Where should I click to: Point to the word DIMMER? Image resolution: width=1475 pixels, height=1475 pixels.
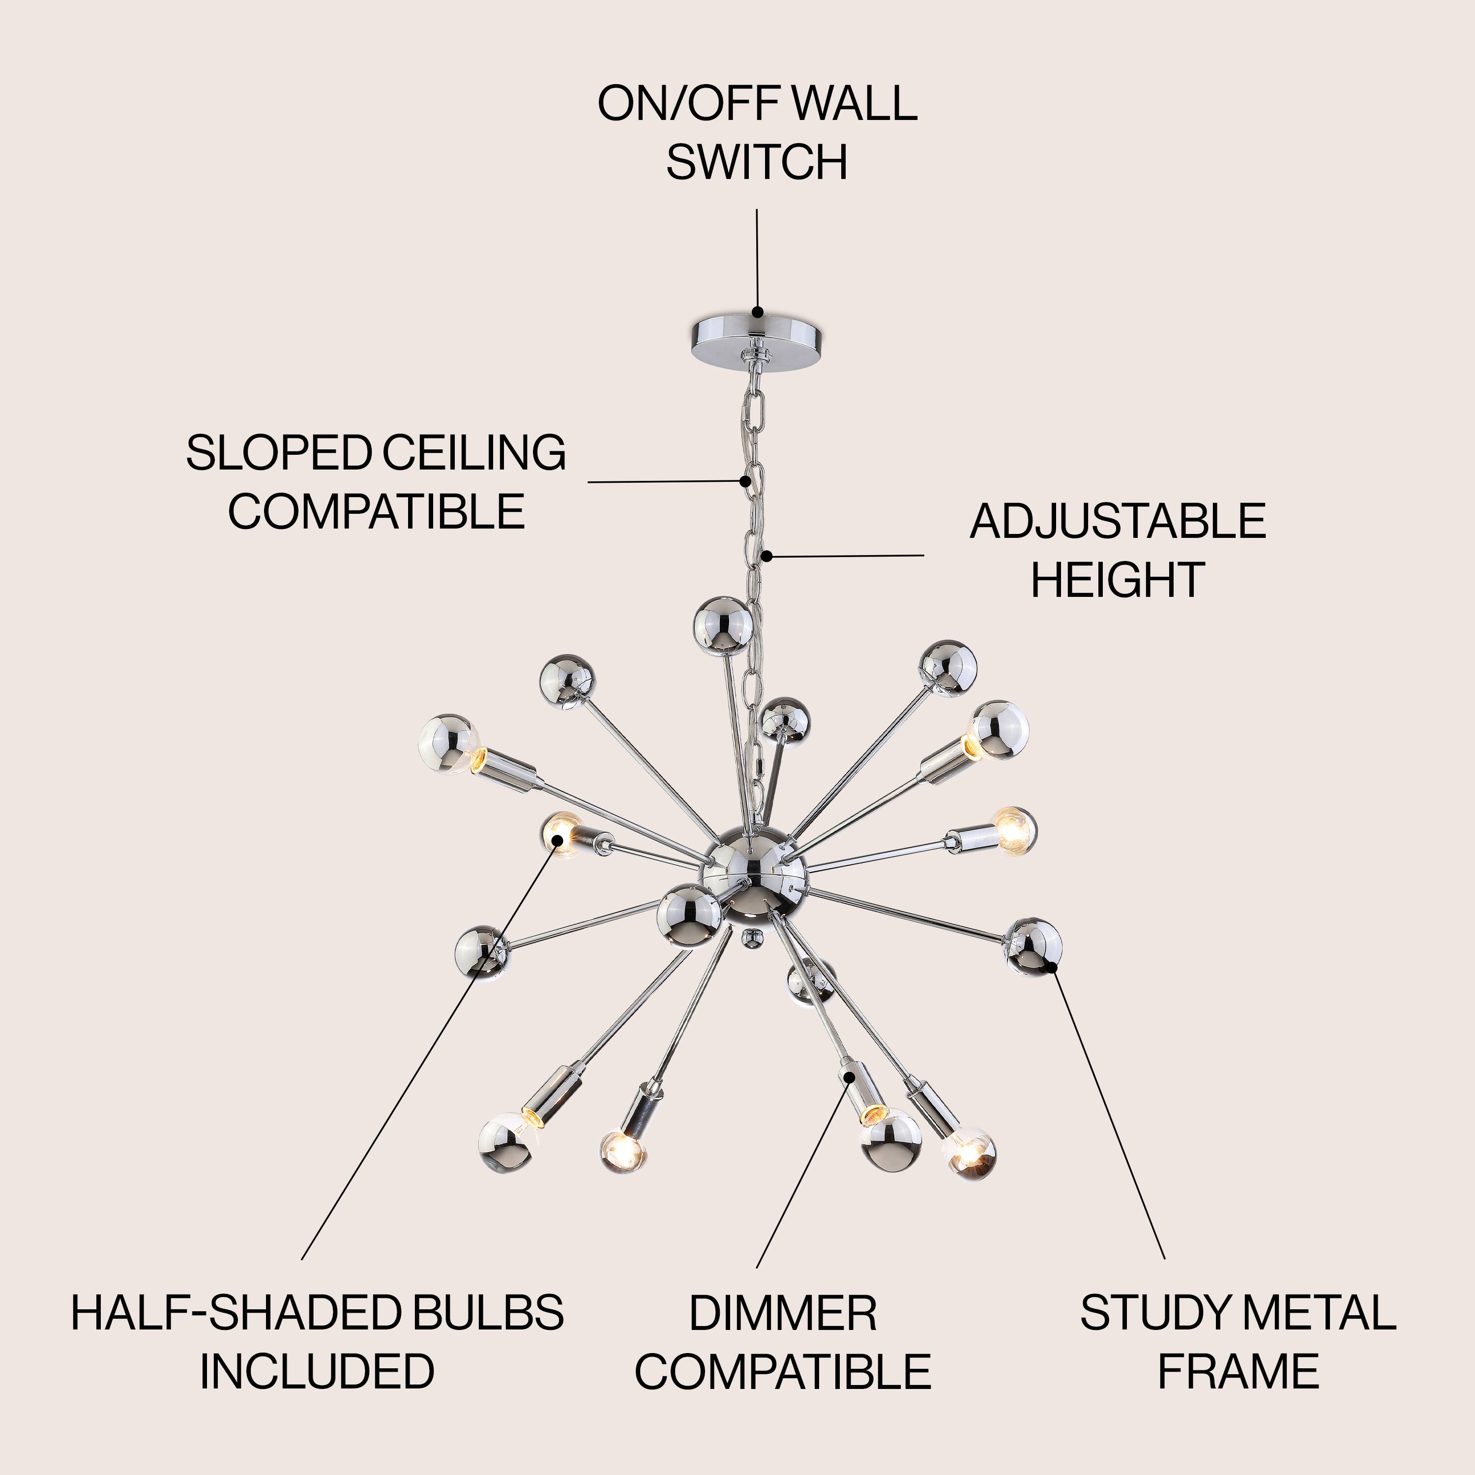click(783, 1313)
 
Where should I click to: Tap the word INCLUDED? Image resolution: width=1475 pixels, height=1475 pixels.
click(317, 1372)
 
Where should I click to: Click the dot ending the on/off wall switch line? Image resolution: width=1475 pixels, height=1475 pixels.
click(757, 312)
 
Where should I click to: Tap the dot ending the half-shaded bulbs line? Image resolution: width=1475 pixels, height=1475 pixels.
click(558, 840)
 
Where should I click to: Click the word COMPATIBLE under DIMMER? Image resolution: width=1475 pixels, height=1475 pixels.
click(783, 1372)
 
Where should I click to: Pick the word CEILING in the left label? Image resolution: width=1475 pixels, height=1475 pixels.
click(474, 453)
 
